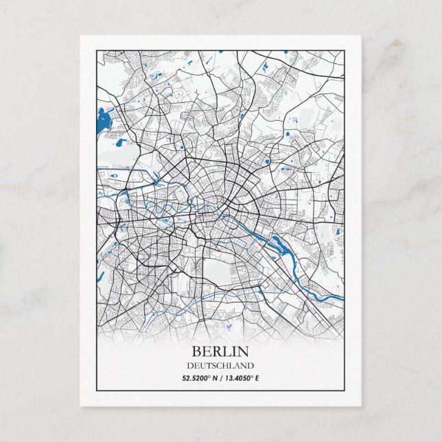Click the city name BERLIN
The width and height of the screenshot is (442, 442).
[x=220, y=352]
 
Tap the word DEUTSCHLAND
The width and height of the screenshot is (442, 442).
[x=220, y=366]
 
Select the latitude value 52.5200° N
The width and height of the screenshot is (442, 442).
[x=199, y=377]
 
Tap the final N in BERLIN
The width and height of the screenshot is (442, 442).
[x=244, y=352]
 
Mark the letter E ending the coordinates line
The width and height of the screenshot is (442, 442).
[x=257, y=377]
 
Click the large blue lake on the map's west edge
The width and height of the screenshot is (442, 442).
[x=104, y=121]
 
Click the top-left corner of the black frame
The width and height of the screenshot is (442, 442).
[x=97, y=49]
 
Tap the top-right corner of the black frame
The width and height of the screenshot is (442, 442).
[x=344, y=49]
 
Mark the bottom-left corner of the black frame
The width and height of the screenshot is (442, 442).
[x=97, y=389]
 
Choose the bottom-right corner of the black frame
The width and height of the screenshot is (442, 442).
[x=344, y=389]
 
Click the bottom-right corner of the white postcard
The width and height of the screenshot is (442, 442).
[x=362, y=406]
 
